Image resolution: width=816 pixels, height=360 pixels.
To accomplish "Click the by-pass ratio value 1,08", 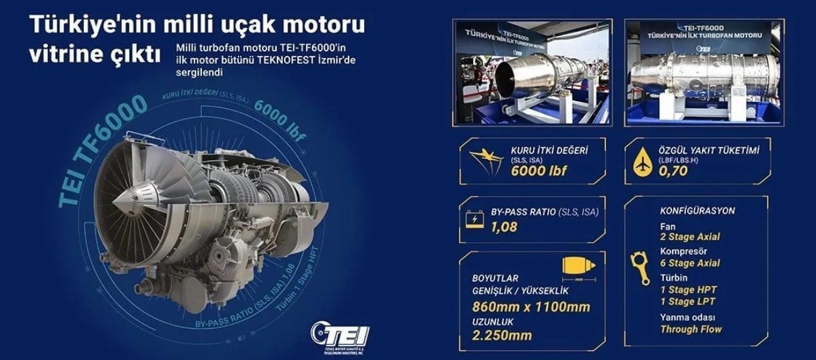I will click(504, 227).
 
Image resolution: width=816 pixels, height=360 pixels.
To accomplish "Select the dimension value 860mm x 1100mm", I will click(531, 307).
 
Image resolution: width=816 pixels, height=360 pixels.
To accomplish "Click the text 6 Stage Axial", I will click(689, 263).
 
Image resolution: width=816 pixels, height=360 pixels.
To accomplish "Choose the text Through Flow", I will click(691, 329).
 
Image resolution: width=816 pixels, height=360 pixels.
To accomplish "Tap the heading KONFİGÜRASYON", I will click(697, 211).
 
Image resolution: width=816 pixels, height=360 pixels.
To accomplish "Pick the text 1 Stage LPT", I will click(688, 301).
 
